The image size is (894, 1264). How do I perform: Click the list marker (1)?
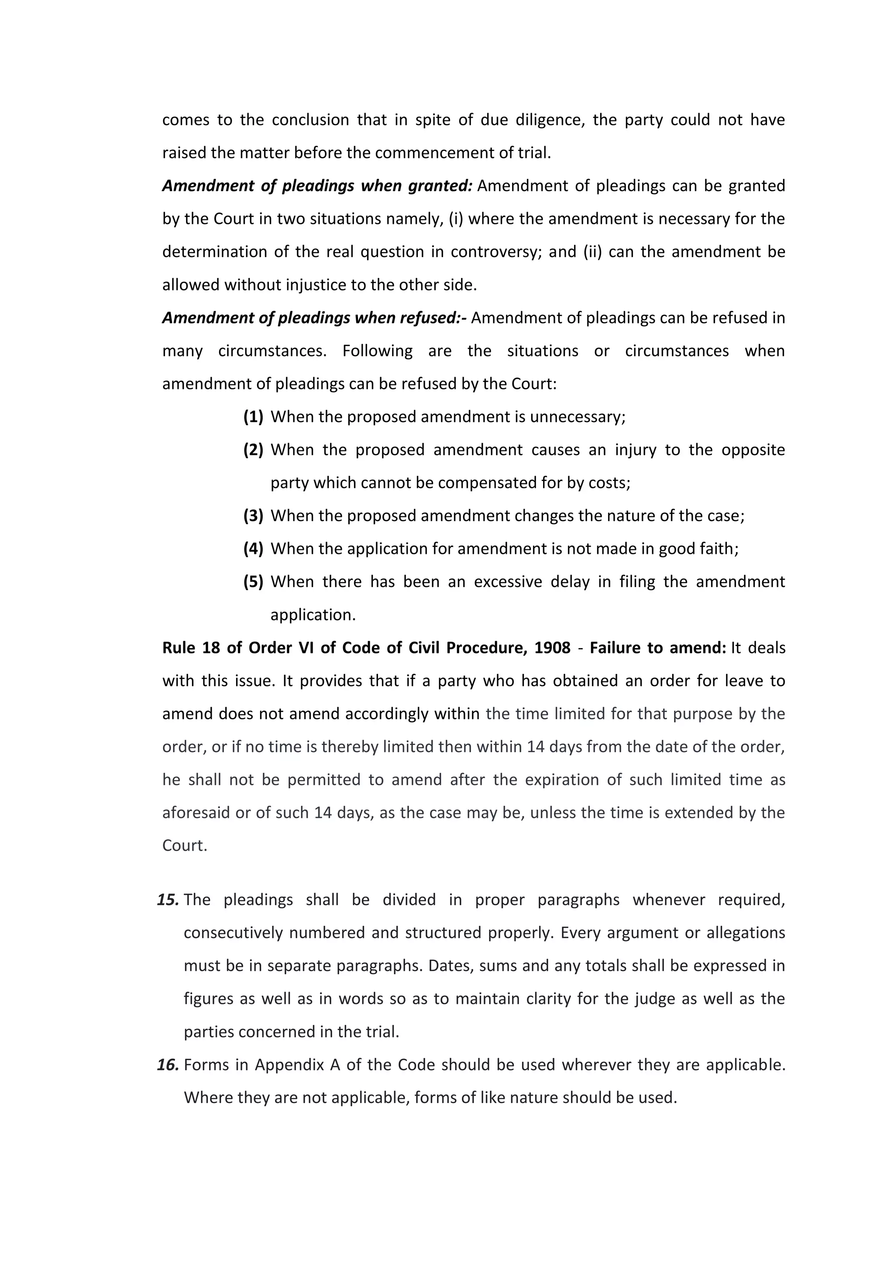point(253,417)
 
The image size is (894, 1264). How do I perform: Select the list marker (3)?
point(253,516)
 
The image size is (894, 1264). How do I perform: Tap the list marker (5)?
point(253,582)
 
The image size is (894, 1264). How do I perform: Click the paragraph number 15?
point(168,900)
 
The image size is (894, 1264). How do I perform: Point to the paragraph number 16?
point(168,1065)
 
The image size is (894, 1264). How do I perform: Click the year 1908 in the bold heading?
point(552,648)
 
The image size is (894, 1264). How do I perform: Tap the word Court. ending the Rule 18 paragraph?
point(184,845)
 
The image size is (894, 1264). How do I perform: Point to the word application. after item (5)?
point(313,615)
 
